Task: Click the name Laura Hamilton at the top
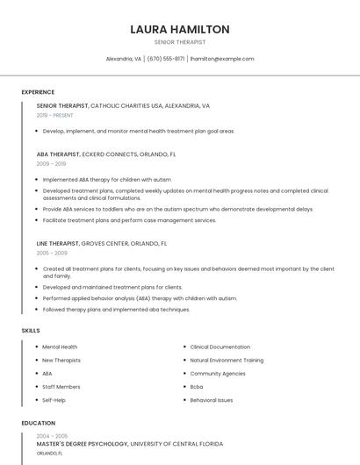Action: (x=180, y=29)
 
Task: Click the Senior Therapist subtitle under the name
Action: (x=180, y=42)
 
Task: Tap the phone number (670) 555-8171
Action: (x=166, y=59)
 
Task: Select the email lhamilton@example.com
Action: (x=222, y=59)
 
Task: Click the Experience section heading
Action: (x=38, y=92)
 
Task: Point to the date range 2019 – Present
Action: (x=54, y=115)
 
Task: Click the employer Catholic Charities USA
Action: (x=127, y=105)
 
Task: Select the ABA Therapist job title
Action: (x=58, y=154)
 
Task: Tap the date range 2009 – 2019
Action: (x=51, y=163)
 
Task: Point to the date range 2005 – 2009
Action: (x=51, y=253)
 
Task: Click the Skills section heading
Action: (x=31, y=331)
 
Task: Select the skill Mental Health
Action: (x=60, y=347)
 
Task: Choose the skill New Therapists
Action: (x=61, y=361)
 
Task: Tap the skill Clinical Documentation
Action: (x=220, y=347)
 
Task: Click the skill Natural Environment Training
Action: (x=227, y=361)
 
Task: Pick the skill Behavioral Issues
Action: (x=212, y=400)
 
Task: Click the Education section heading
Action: (x=38, y=423)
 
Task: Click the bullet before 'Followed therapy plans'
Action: (x=37, y=310)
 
